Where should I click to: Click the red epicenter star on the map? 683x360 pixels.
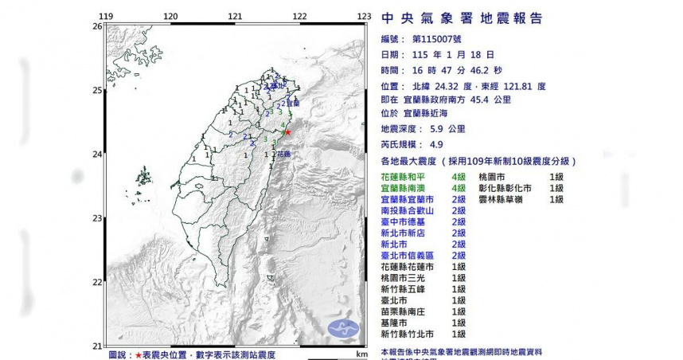[x=288, y=132]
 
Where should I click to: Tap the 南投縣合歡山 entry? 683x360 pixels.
[x=408, y=210]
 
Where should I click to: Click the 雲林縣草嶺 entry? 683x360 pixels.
[x=501, y=199]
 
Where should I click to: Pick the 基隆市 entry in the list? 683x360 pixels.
[x=394, y=323]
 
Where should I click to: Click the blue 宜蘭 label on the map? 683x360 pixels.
[x=293, y=104]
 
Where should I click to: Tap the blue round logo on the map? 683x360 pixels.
[x=343, y=327]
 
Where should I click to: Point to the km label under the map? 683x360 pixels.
[x=361, y=354]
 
